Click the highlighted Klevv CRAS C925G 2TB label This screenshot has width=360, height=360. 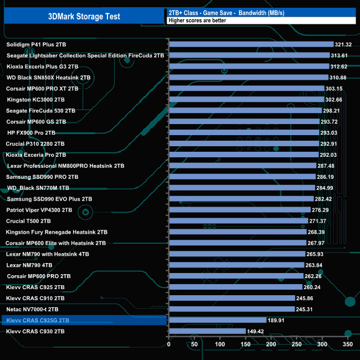click(x=37, y=320)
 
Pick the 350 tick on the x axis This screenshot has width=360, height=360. click(x=348, y=344)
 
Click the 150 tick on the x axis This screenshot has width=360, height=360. click(x=245, y=344)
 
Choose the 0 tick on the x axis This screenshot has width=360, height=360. click(x=168, y=344)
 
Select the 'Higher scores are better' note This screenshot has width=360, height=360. click(x=194, y=20)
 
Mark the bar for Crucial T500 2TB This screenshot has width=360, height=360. click(x=238, y=221)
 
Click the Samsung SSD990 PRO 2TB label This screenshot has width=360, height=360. click(x=42, y=177)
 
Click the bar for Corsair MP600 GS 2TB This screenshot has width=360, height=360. click(x=244, y=121)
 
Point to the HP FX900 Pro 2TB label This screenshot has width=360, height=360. click(x=31, y=132)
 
